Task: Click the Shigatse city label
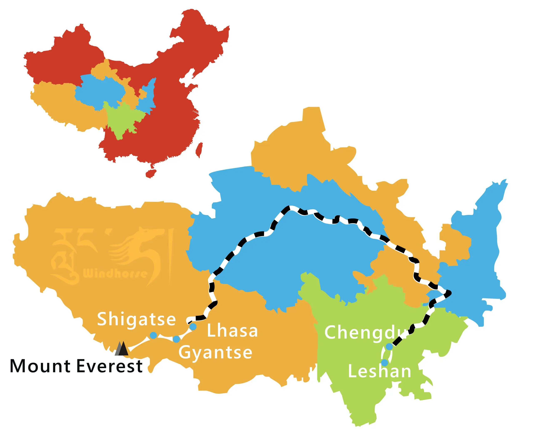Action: [136, 319]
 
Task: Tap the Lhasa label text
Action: [232, 331]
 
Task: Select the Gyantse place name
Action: [215, 352]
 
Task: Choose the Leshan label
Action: [379, 371]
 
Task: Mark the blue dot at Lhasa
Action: [193, 327]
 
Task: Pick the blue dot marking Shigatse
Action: [153, 335]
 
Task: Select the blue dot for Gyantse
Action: [176, 339]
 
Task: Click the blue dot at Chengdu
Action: [389, 347]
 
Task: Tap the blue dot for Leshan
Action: [385, 363]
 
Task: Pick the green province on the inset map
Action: [122, 119]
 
